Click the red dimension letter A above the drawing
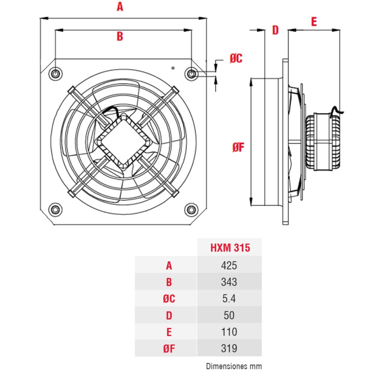[120, 7]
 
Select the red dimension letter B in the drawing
[120, 36]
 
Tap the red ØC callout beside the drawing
[236, 58]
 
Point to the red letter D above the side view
[275, 30]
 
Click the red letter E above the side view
[314, 22]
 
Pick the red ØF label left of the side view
[238, 148]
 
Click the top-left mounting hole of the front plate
[55, 73]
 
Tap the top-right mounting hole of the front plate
[192, 73]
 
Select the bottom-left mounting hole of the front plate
[55, 209]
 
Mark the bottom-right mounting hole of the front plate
[192, 209]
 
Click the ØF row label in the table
[169, 349]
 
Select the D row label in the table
[169, 315]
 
